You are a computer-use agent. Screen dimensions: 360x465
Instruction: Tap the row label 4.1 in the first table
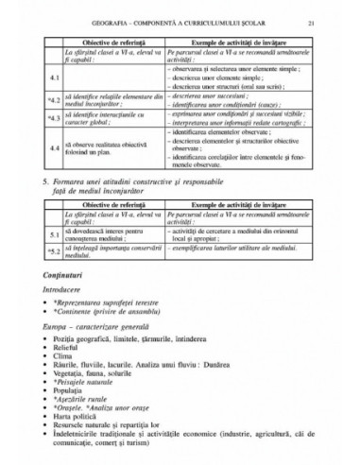[x=55, y=76]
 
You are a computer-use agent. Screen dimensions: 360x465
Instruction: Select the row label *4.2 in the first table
[x=54, y=97]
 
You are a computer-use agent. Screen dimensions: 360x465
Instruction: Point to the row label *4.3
[x=54, y=118]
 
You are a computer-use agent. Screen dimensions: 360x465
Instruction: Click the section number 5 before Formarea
[x=46, y=180]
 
